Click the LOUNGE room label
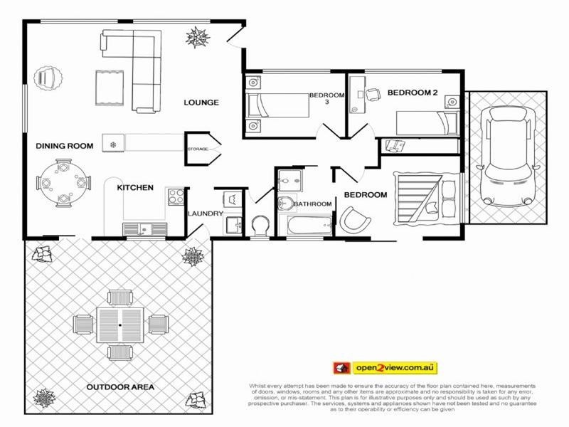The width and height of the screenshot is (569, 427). click(x=201, y=102)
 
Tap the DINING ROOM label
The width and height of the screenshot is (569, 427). click(x=65, y=146)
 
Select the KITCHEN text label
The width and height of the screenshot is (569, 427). click(x=135, y=188)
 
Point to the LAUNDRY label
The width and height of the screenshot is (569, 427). click(x=205, y=213)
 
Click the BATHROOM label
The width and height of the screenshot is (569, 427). click(x=313, y=204)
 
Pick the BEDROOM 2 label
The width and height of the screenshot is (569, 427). click(x=413, y=92)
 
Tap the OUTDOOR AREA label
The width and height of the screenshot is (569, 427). click(x=120, y=387)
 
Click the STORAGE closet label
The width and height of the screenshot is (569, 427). click(x=197, y=149)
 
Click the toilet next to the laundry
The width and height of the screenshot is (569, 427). click(x=260, y=226)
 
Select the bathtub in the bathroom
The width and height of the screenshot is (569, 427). click(x=307, y=227)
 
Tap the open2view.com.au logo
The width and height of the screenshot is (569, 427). click(x=385, y=368)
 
